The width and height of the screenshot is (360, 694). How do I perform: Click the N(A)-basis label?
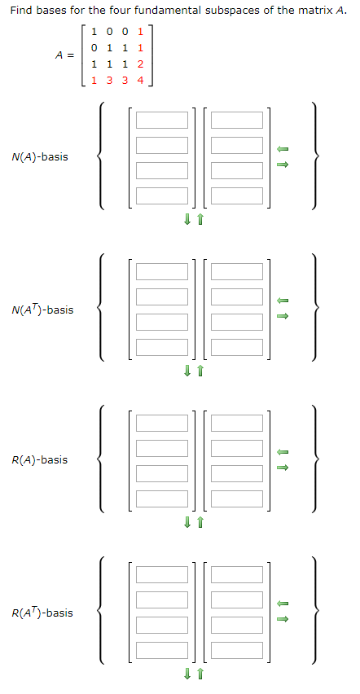point(40,156)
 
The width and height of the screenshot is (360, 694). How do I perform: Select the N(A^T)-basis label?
point(42,310)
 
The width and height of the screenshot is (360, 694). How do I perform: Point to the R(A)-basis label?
point(40,459)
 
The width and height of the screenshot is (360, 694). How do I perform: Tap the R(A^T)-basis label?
point(42,613)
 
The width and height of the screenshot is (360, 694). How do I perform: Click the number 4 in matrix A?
point(140,81)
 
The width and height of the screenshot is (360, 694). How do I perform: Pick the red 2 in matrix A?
point(140,64)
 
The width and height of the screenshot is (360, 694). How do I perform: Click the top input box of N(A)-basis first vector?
point(161,121)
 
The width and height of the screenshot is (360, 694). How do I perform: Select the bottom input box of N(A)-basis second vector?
point(237,196)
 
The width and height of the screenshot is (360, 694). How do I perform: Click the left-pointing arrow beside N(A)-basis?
point(283,149)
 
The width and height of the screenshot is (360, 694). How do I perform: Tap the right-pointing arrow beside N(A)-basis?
point(283,165)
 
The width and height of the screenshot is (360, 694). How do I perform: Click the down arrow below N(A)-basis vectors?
point(187,219)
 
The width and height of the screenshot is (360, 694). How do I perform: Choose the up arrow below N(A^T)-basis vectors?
point(199,371)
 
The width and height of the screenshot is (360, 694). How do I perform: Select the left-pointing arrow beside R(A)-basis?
point(283,452)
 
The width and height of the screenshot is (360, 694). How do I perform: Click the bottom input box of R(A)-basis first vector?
point(161,499)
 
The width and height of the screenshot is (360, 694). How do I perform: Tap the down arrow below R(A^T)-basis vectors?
point(187,674)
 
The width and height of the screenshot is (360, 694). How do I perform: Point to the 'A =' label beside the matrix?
point(64,55)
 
